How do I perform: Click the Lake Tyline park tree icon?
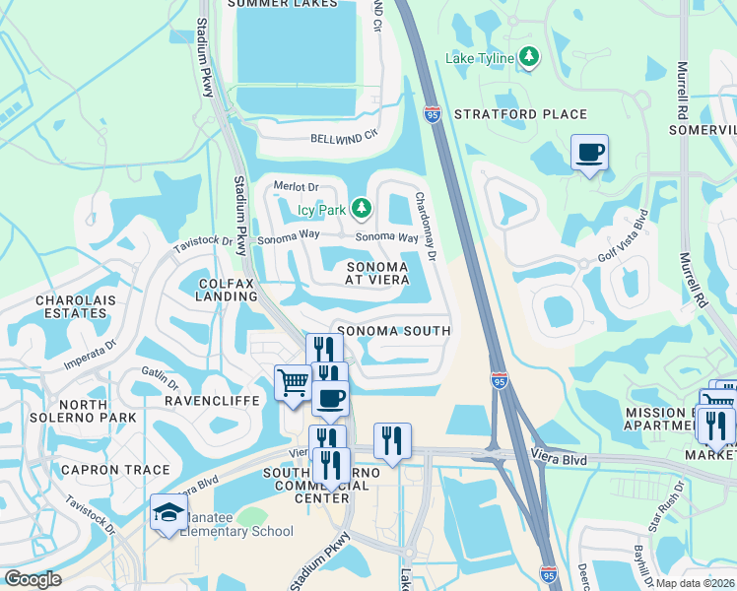point(530,57)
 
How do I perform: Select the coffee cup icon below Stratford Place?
point(589,153)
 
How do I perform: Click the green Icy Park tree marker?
point(362,208)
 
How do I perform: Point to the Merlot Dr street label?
point(297,186)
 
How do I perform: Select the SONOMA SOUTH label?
point(393,332)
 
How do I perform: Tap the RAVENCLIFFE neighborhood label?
point(211,401)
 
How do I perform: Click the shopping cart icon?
point(293,382)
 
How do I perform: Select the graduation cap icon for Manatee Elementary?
point(168,512)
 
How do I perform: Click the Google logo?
point(33,578)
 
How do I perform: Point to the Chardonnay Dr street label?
point(426,226)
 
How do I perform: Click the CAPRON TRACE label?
point(115,470)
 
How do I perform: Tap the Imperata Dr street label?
point(91,353)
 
